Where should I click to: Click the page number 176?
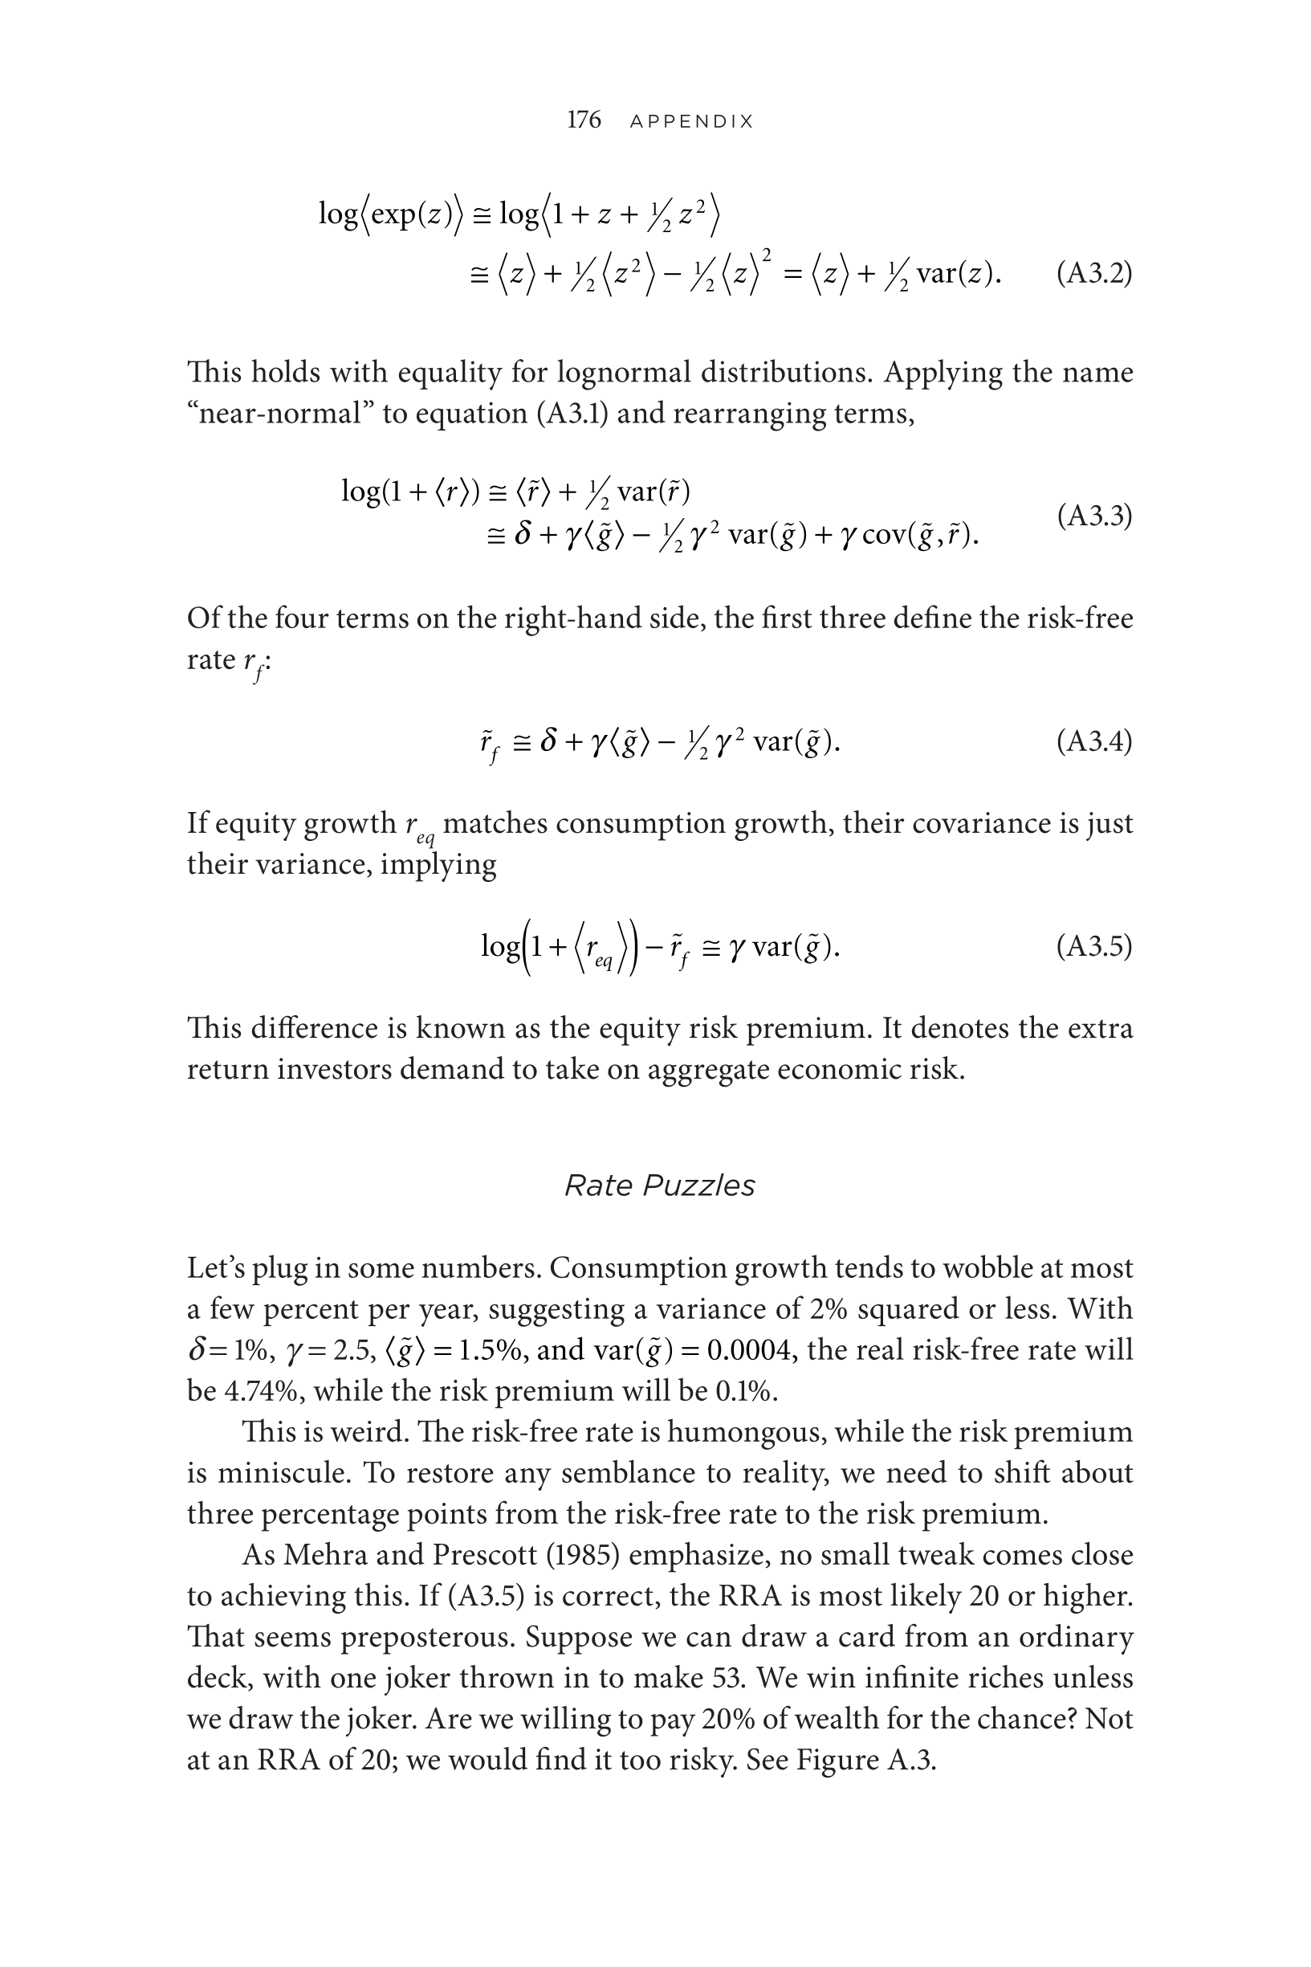[584, 120]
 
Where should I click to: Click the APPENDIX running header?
[691, 122]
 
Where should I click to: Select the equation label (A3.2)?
[1093, 273]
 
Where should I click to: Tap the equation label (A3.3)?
[1093, 516]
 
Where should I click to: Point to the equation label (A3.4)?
[1093, 741]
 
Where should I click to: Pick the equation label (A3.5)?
[1093, 946]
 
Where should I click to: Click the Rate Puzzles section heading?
[660, 1185]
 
